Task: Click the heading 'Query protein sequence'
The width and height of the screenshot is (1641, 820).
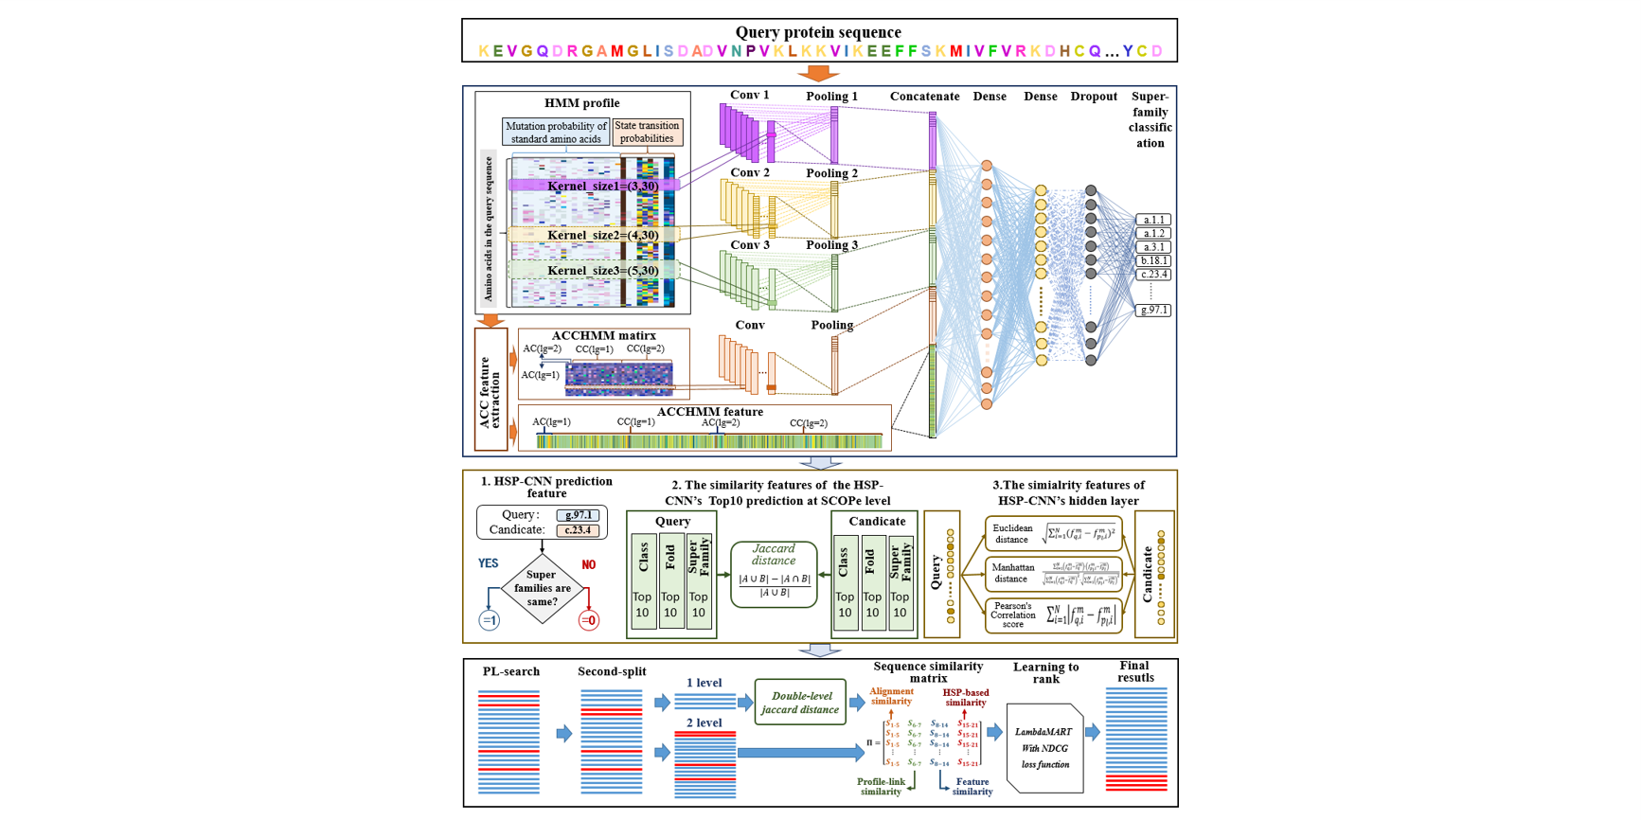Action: (818, 32)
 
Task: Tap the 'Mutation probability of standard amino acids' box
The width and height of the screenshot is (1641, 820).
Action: (556, 133)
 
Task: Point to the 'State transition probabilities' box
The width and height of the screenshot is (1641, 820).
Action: (647, 132)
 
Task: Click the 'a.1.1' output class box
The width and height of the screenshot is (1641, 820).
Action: (1153, 220)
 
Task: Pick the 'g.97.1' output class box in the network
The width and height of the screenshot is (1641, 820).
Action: (1153, 310)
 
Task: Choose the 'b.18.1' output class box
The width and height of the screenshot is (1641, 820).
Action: (1153, 260)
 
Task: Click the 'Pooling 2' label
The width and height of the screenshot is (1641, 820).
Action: (832, 173)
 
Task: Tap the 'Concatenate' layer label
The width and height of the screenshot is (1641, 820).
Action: (924, 97)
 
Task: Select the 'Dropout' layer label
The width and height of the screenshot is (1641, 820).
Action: (1094, 97)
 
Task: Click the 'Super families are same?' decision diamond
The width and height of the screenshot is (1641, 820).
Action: (542, 588)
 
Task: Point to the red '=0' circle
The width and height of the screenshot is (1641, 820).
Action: (588, 621)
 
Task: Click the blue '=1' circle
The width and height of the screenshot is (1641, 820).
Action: (489, 621)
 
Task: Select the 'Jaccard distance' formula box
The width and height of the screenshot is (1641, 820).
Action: (774, 574)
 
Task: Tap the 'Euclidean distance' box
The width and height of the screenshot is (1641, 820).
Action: (1053, 534)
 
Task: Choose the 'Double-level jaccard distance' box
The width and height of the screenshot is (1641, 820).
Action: (799, 703)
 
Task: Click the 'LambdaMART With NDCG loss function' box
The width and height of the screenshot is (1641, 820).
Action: (1044, 748)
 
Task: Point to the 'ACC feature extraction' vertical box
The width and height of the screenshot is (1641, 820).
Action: (491, 390)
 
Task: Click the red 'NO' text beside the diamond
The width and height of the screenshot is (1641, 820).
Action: (588, 564)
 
